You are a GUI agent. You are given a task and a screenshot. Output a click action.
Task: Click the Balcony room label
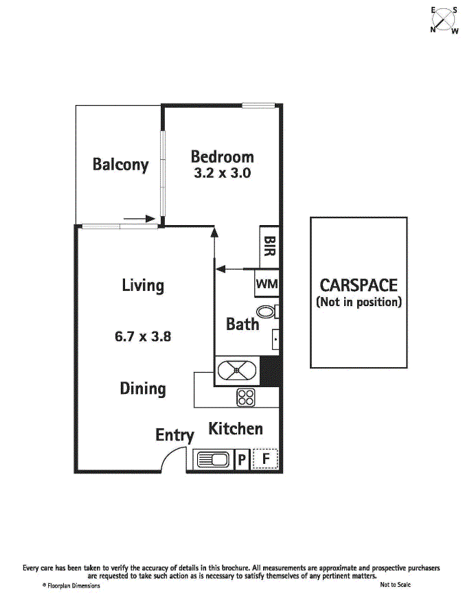[x=120, y=165]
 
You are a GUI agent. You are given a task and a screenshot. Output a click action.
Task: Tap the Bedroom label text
[x=222, y=156]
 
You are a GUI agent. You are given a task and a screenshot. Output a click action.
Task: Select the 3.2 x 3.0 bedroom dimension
[x=222, y=174]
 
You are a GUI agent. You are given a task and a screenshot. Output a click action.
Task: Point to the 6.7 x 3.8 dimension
[x=142, y=337]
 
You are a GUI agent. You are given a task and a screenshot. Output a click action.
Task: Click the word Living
[x=143, y=285]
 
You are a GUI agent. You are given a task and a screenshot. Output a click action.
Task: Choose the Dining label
[x=143, y=388]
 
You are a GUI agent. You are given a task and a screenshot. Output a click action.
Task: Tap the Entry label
[x=174, y=435]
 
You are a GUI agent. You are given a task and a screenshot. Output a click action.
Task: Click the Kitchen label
[x=236, y=429]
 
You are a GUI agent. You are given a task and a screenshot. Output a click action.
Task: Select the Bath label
[x=242, y=324]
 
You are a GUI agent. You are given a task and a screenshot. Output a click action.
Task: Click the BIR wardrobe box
[x=269, y=246]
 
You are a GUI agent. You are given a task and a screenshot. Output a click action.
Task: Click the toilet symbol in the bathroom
[x=271, y=312]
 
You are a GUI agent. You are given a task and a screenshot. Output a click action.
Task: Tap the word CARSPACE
[x=358, y=285]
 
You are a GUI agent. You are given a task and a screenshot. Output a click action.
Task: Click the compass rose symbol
[x=444, y=20]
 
